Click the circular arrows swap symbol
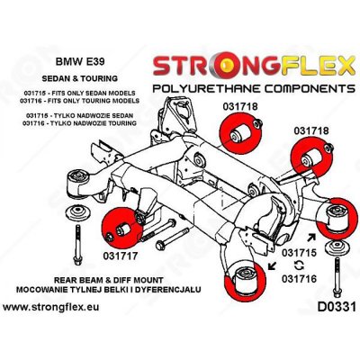[300, 267]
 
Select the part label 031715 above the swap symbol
[301, 254]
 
